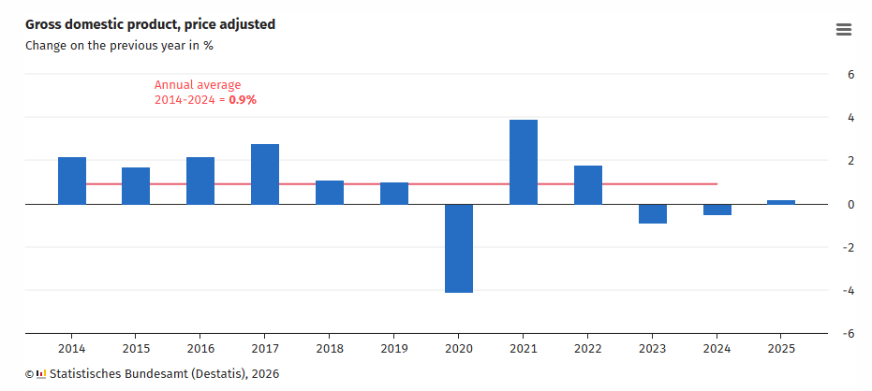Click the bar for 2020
tap(458, 248)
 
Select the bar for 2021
tap(523, 162)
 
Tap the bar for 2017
tap(265, 174)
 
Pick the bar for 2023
tap(652, 213)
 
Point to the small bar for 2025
tap(781, 202)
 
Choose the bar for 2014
tap(72, 181)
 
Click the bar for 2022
tap(587, 184)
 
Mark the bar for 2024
tap(717, 210)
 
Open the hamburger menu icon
tap(843, 30)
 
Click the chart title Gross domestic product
tap(150, 24)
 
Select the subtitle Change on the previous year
tap(119, 45)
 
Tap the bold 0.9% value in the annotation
tap(243, 99)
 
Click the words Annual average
tap(197, 84)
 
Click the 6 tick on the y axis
tap(850, 75)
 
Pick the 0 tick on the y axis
tap(850, 204)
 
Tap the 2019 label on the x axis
tap(393, 349)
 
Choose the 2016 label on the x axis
tap(200, 349)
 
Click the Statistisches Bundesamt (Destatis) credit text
tap(163, 374)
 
